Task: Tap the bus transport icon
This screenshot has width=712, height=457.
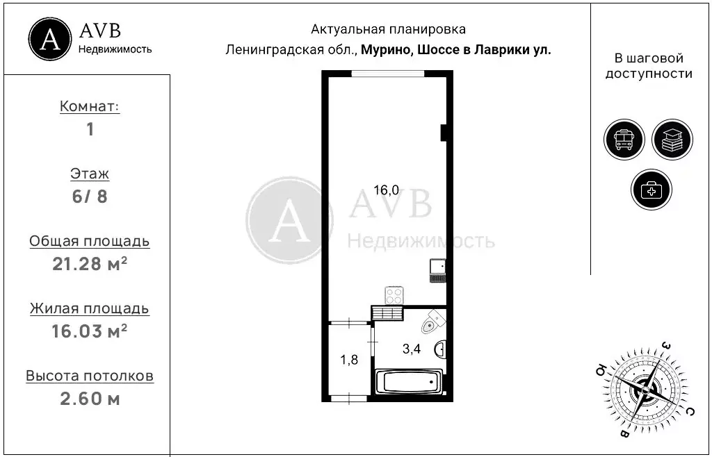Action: tap(624, 140)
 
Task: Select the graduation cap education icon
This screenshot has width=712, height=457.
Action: tap(672, 140)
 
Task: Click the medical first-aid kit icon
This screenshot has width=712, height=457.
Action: tap(652, 190)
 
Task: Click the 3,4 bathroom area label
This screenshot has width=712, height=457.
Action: tap(412, 349)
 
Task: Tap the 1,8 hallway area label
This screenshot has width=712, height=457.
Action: tap(349, 360)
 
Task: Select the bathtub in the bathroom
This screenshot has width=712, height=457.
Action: tap(408, 381)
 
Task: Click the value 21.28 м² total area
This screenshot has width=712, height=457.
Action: tap(90, 264)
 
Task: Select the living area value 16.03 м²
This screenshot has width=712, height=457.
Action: tap(90, 331)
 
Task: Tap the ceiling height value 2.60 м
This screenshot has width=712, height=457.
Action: tap(90, 399)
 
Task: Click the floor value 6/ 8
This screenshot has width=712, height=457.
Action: tap(90, 196)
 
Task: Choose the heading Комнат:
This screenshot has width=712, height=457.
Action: tap(90, 107)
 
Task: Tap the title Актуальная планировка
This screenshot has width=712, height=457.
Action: tap(388, 29)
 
